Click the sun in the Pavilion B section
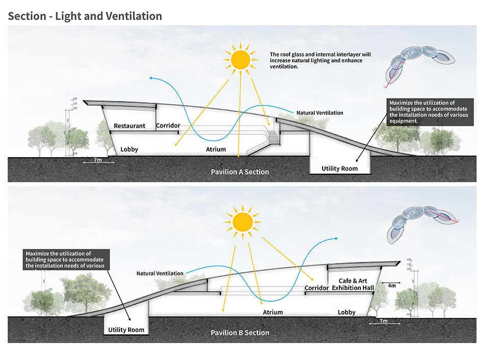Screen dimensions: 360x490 click(242, 222)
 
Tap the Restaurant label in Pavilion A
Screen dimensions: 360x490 click(130, 126)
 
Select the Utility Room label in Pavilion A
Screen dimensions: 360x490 click(339, 168)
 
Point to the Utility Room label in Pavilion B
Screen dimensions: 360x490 click(126, 330)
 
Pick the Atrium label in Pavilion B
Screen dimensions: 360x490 click(273, 312)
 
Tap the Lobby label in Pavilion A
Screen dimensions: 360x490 click(129, 150)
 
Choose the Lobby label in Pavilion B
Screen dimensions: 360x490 click(347, 312)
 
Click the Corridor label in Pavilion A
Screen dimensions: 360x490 click(168, 126)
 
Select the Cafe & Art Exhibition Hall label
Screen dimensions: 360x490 click(353, 284)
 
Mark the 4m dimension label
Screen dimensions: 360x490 click(392, 285)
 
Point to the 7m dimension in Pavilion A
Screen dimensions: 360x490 click(98, 161)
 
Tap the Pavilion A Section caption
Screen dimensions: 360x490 click(240, 172)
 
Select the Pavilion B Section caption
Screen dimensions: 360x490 click(240, 332)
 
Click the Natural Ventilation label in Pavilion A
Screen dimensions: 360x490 click(320, 113)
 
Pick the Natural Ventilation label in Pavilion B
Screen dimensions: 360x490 click(160, 274)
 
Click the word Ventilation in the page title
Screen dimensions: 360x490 click(134, 16)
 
